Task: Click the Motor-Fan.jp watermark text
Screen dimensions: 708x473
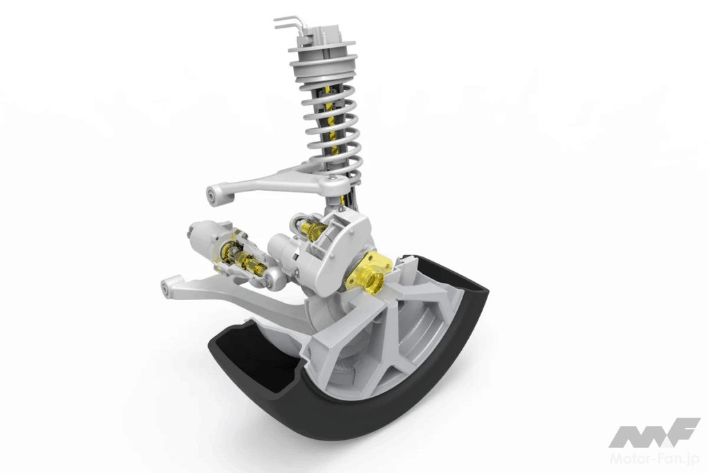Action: point(655,459)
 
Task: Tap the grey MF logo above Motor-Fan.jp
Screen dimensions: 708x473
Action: point(654,433)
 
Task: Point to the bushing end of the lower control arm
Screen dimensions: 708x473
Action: point(169,288)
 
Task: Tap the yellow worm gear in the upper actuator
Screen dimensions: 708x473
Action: point(310,229)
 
